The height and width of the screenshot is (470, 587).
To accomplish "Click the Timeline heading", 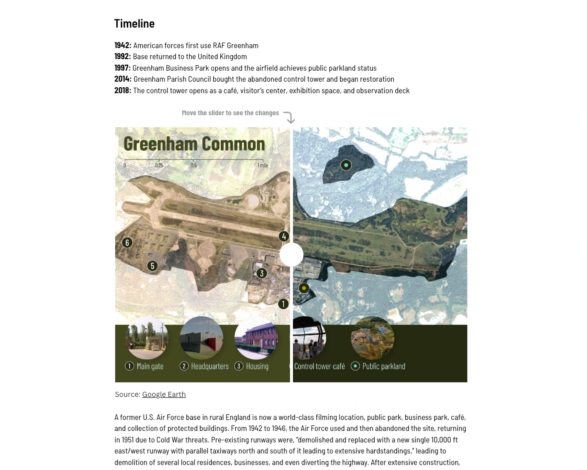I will [x=134, y=24].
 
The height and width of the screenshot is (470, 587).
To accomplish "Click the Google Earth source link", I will [x=164, y=394].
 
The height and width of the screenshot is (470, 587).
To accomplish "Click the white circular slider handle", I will [x=291, y=254].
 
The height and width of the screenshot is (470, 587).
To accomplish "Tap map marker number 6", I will [x=127, y=242].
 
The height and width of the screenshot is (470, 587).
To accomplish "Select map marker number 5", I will [x=153, y=266].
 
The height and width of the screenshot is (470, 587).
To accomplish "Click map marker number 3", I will [x=262, y=273].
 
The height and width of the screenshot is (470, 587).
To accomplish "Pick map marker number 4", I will [x=284, y=236].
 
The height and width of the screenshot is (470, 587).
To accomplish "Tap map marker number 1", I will [x=283, y=304].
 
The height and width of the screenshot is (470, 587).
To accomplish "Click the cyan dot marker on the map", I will [x=346, y=165].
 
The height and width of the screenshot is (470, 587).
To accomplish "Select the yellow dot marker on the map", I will [x=304, y=288].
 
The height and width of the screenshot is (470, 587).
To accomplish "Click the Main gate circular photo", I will [x=147, y=338].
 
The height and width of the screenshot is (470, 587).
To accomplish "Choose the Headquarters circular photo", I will [x=202, y=338].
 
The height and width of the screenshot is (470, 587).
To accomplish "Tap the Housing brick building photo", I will [x=256, y=338].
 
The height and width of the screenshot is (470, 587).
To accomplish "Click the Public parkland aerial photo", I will [x=372, y=338].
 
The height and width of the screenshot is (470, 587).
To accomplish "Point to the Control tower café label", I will [x=319, y=366].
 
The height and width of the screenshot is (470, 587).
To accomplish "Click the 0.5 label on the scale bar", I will [x=194, y=166].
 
